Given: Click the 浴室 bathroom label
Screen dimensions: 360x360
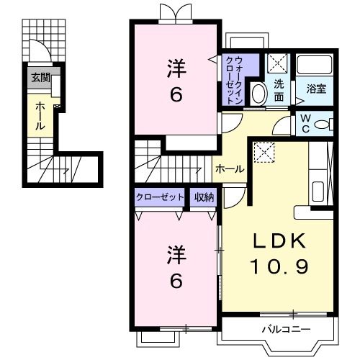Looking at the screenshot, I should click(317, 89).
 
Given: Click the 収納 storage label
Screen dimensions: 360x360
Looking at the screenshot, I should click(204, 196).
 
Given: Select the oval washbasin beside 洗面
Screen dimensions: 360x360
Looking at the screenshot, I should click(258, 94).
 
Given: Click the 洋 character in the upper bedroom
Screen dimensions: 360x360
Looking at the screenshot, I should click(176, 69).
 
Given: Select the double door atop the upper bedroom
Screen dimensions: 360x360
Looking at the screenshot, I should click(176, 13).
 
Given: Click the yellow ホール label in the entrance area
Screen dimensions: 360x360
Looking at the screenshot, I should click(40, 115).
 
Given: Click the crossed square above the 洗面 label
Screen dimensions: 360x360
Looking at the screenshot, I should click(279, 64).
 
